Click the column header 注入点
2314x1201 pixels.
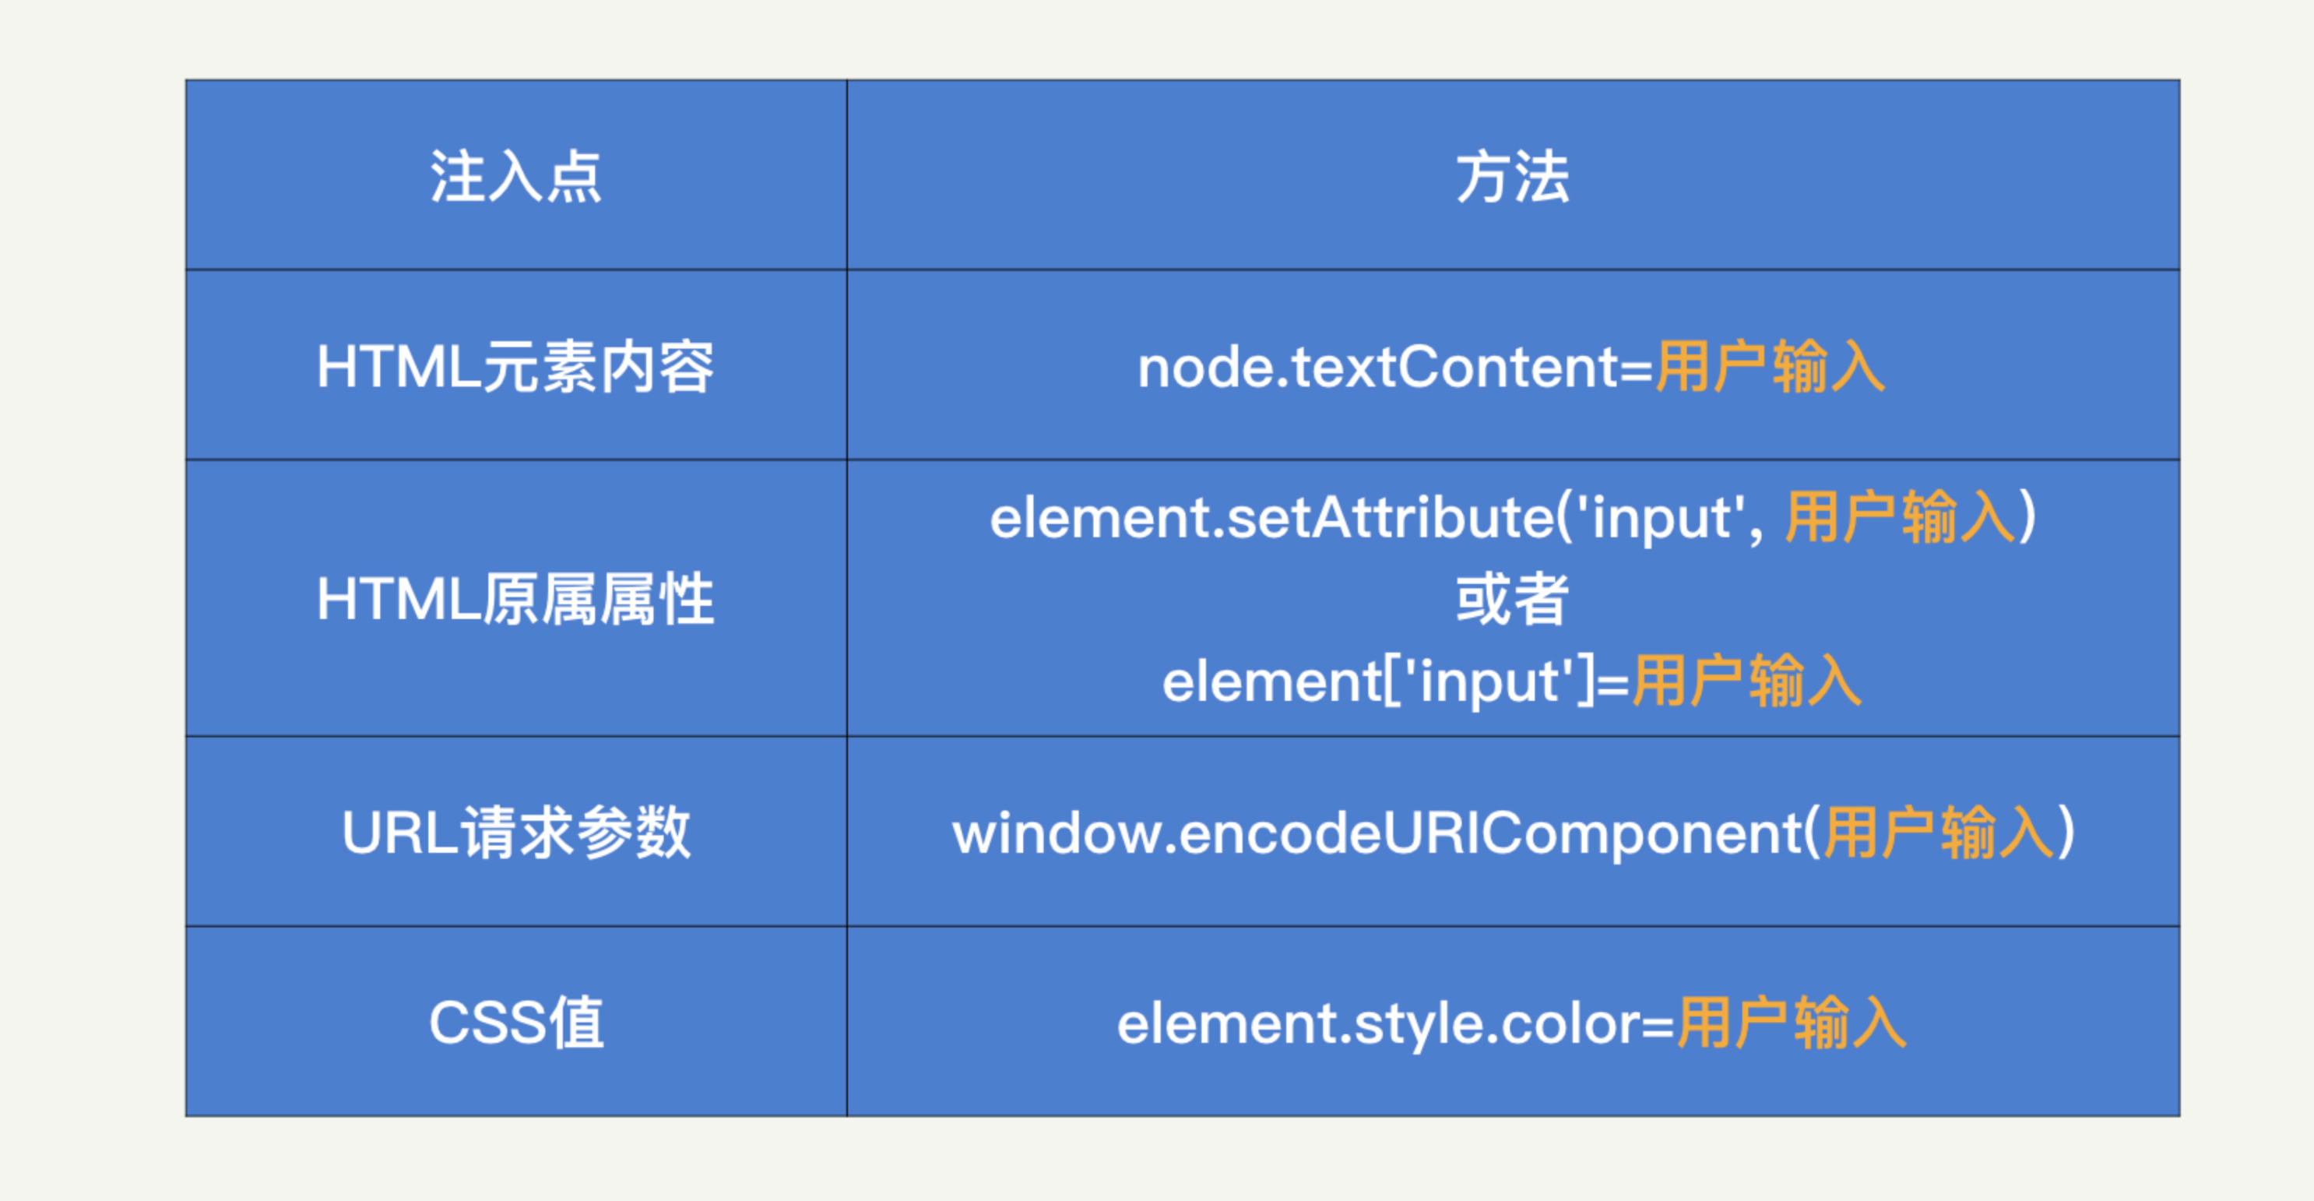[515, 177]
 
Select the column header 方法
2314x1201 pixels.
[1513, 177]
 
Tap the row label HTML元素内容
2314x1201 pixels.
[515, 367]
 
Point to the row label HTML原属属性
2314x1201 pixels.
[515, 599]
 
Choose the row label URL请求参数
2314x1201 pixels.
[515, 832]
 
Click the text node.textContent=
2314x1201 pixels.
[1395, 368]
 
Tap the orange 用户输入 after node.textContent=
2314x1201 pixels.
[1770, 367]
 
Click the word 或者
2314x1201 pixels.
[1513, 599]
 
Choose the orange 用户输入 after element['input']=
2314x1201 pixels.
[1746, 681]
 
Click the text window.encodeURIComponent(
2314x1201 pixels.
[1387, 833]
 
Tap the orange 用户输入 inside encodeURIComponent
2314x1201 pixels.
[1939, 832]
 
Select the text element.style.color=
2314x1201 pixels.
[1396, 1024]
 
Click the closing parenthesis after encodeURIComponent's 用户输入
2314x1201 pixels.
[2065, 833]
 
